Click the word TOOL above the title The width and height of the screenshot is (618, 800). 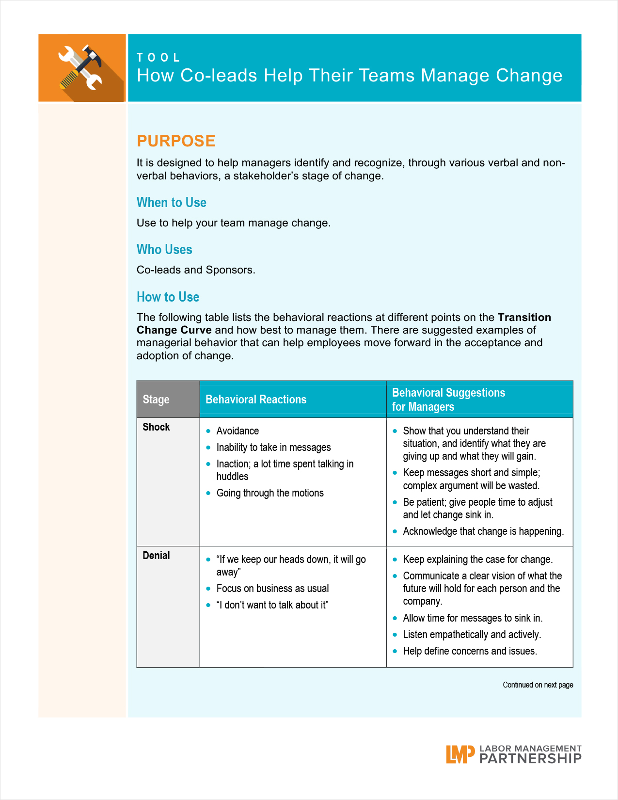[158, 58]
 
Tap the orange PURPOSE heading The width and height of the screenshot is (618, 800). [176, 141]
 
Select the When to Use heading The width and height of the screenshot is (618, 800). [172, 203]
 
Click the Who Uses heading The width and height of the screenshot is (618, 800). [164, 250]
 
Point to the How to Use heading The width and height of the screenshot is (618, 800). [168, 297]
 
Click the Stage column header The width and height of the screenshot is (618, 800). [156, 400]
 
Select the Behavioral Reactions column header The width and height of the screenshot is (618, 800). [256, 400]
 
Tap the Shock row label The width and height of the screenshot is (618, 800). [156, 427]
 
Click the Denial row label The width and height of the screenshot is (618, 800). [156, 556]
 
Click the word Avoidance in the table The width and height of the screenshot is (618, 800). [238, 431]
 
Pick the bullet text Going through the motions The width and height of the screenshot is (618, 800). [270, 493]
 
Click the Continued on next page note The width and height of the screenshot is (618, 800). [538, 685]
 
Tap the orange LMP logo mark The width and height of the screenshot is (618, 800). [460, 754]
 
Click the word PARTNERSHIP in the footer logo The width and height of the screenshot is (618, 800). [530, 759]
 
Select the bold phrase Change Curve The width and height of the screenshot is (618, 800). [174, 330]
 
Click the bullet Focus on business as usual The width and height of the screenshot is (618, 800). [272, 589]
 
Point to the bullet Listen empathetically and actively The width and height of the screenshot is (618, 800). [472, 635]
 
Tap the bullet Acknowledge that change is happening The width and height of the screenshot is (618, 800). [483, 531]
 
